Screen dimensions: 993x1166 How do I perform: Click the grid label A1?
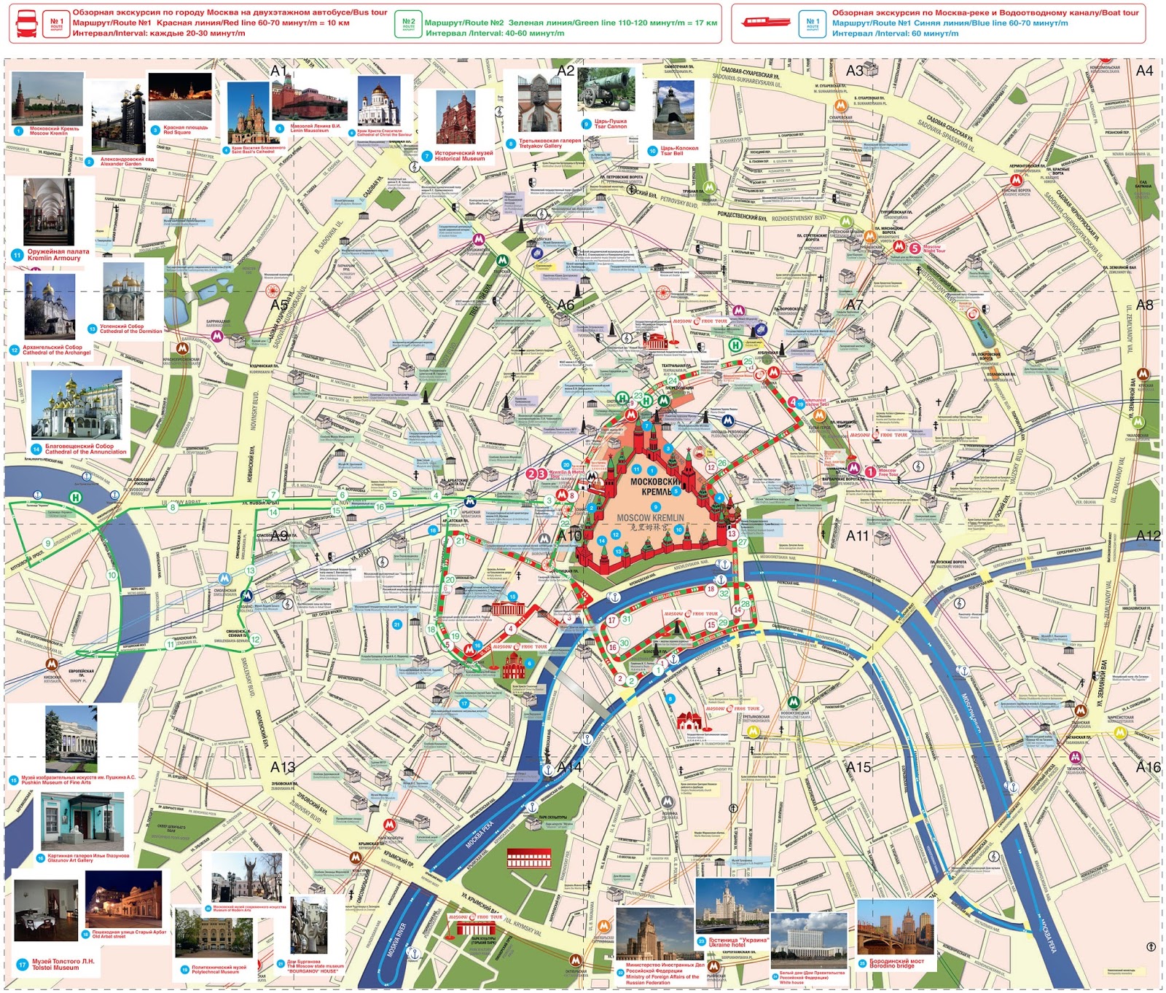tap(278, 71)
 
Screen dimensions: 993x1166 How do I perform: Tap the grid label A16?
tap(1148, 766)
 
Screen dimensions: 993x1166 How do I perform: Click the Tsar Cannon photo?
tap(606, 92)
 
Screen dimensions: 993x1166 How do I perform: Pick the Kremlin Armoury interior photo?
tap(49, 212)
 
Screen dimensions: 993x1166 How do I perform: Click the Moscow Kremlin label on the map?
tap(651, 517)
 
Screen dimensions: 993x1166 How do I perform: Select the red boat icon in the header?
tap(764, 22)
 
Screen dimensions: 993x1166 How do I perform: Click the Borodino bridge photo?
tap(895, 926)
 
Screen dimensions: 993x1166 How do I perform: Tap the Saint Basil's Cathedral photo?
tap(249, 113)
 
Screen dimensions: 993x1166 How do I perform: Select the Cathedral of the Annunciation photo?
tap(77, 404)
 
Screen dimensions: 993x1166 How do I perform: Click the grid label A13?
tap(283, 766)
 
